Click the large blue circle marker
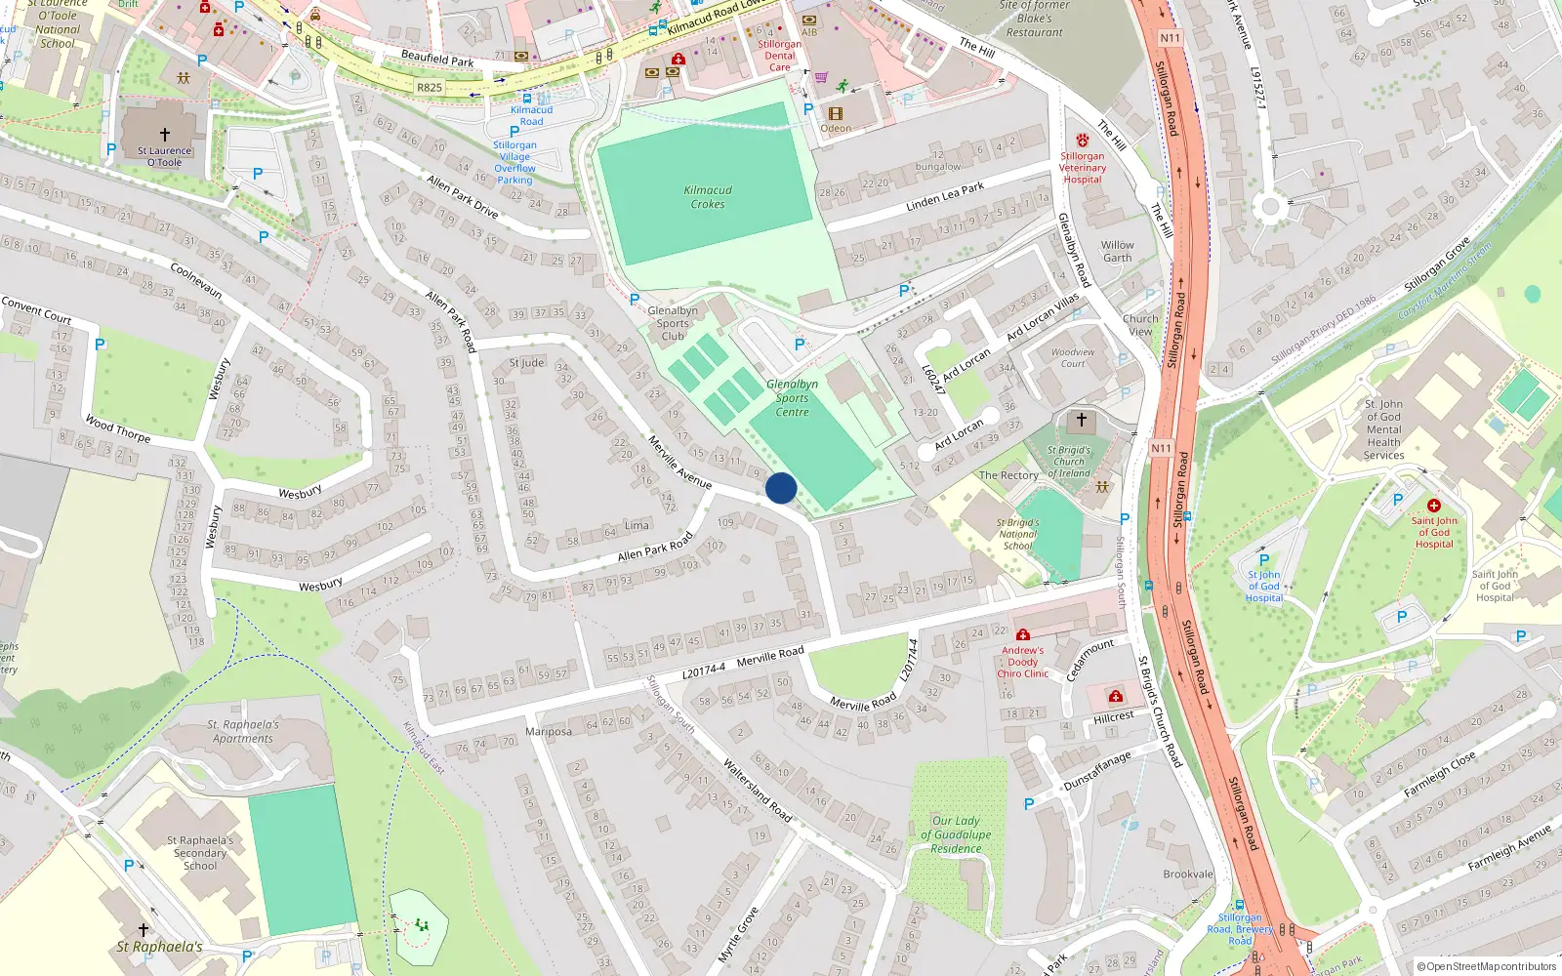click(781, 488)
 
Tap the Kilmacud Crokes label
click(708, 197)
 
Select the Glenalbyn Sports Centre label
click(792, 398)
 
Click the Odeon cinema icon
click(836, 113)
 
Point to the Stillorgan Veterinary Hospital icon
click(1082, 141)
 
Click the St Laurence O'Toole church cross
click(164, 134)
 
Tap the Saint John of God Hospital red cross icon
click(1433, 506)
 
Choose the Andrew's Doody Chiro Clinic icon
click(1022, 635)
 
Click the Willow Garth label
click(1118, 252)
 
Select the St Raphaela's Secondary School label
click(201, 853)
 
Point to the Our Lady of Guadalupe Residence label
click(956, 834)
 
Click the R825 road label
click(430, 88)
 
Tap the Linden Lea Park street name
click(945, 196)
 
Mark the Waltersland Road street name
click(757, 790)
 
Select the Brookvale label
click(1188, 874)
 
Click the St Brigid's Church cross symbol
click(1081, 421)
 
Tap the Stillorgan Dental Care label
click(779, 56)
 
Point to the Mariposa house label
click(548, 732)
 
